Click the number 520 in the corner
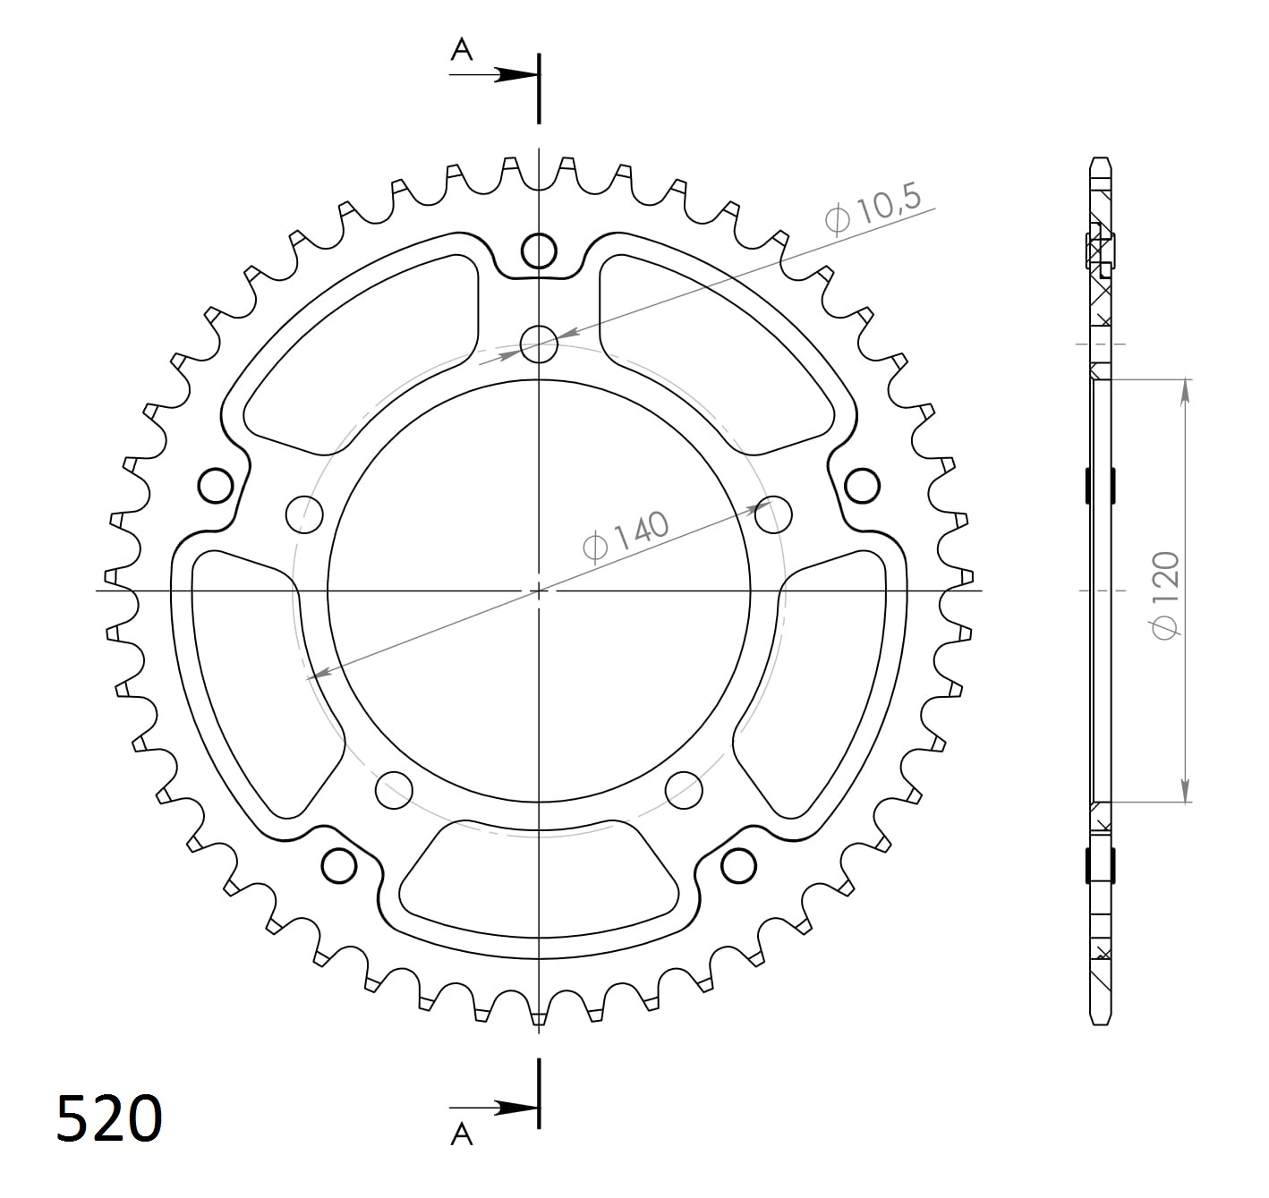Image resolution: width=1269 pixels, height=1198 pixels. (x=109, y=1118)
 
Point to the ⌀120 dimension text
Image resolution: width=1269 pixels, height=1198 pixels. (x=1166, y=595)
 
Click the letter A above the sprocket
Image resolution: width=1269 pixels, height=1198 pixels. (x=461, y=50)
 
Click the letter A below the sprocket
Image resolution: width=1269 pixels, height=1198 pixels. (x=461, y=1134)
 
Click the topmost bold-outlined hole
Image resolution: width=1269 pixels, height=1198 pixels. (x=539, y=251)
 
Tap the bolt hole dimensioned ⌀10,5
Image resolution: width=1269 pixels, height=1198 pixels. (x=539, y=344)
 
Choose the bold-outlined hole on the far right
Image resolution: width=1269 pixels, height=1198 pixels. (x=862, y=486)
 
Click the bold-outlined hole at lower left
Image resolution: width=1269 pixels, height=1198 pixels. (x=338, y=865)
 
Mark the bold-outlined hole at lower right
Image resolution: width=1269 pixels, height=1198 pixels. (x=738, y=865)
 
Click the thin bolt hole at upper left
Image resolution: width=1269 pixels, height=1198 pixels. (x=303, y=514)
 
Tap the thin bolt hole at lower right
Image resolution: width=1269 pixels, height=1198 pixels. (x=684, y=788)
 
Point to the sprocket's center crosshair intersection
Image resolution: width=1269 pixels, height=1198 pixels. (x=539, y=591)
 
